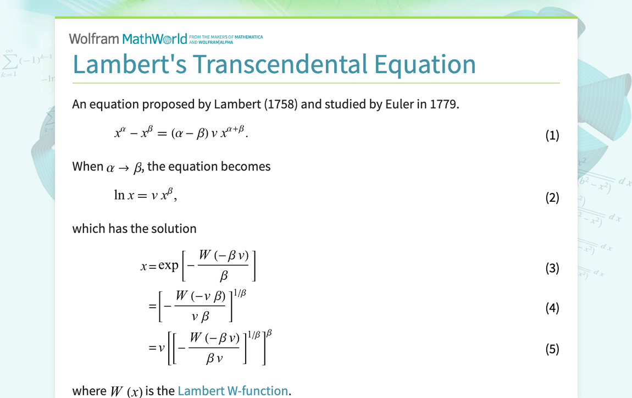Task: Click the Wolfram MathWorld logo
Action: pos(128,38)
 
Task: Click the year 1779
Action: pos(443,104)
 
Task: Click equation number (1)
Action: pos(552,135)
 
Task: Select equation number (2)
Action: pos(552,197)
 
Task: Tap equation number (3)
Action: pos(552,268)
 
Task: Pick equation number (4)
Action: pos(552,308)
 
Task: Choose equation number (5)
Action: pos(552,349)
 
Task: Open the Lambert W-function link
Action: pos(232,391)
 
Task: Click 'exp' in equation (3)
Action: pos(168,266)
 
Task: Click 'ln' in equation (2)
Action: pos(119,195)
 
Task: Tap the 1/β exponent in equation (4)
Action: pos(240,293)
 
